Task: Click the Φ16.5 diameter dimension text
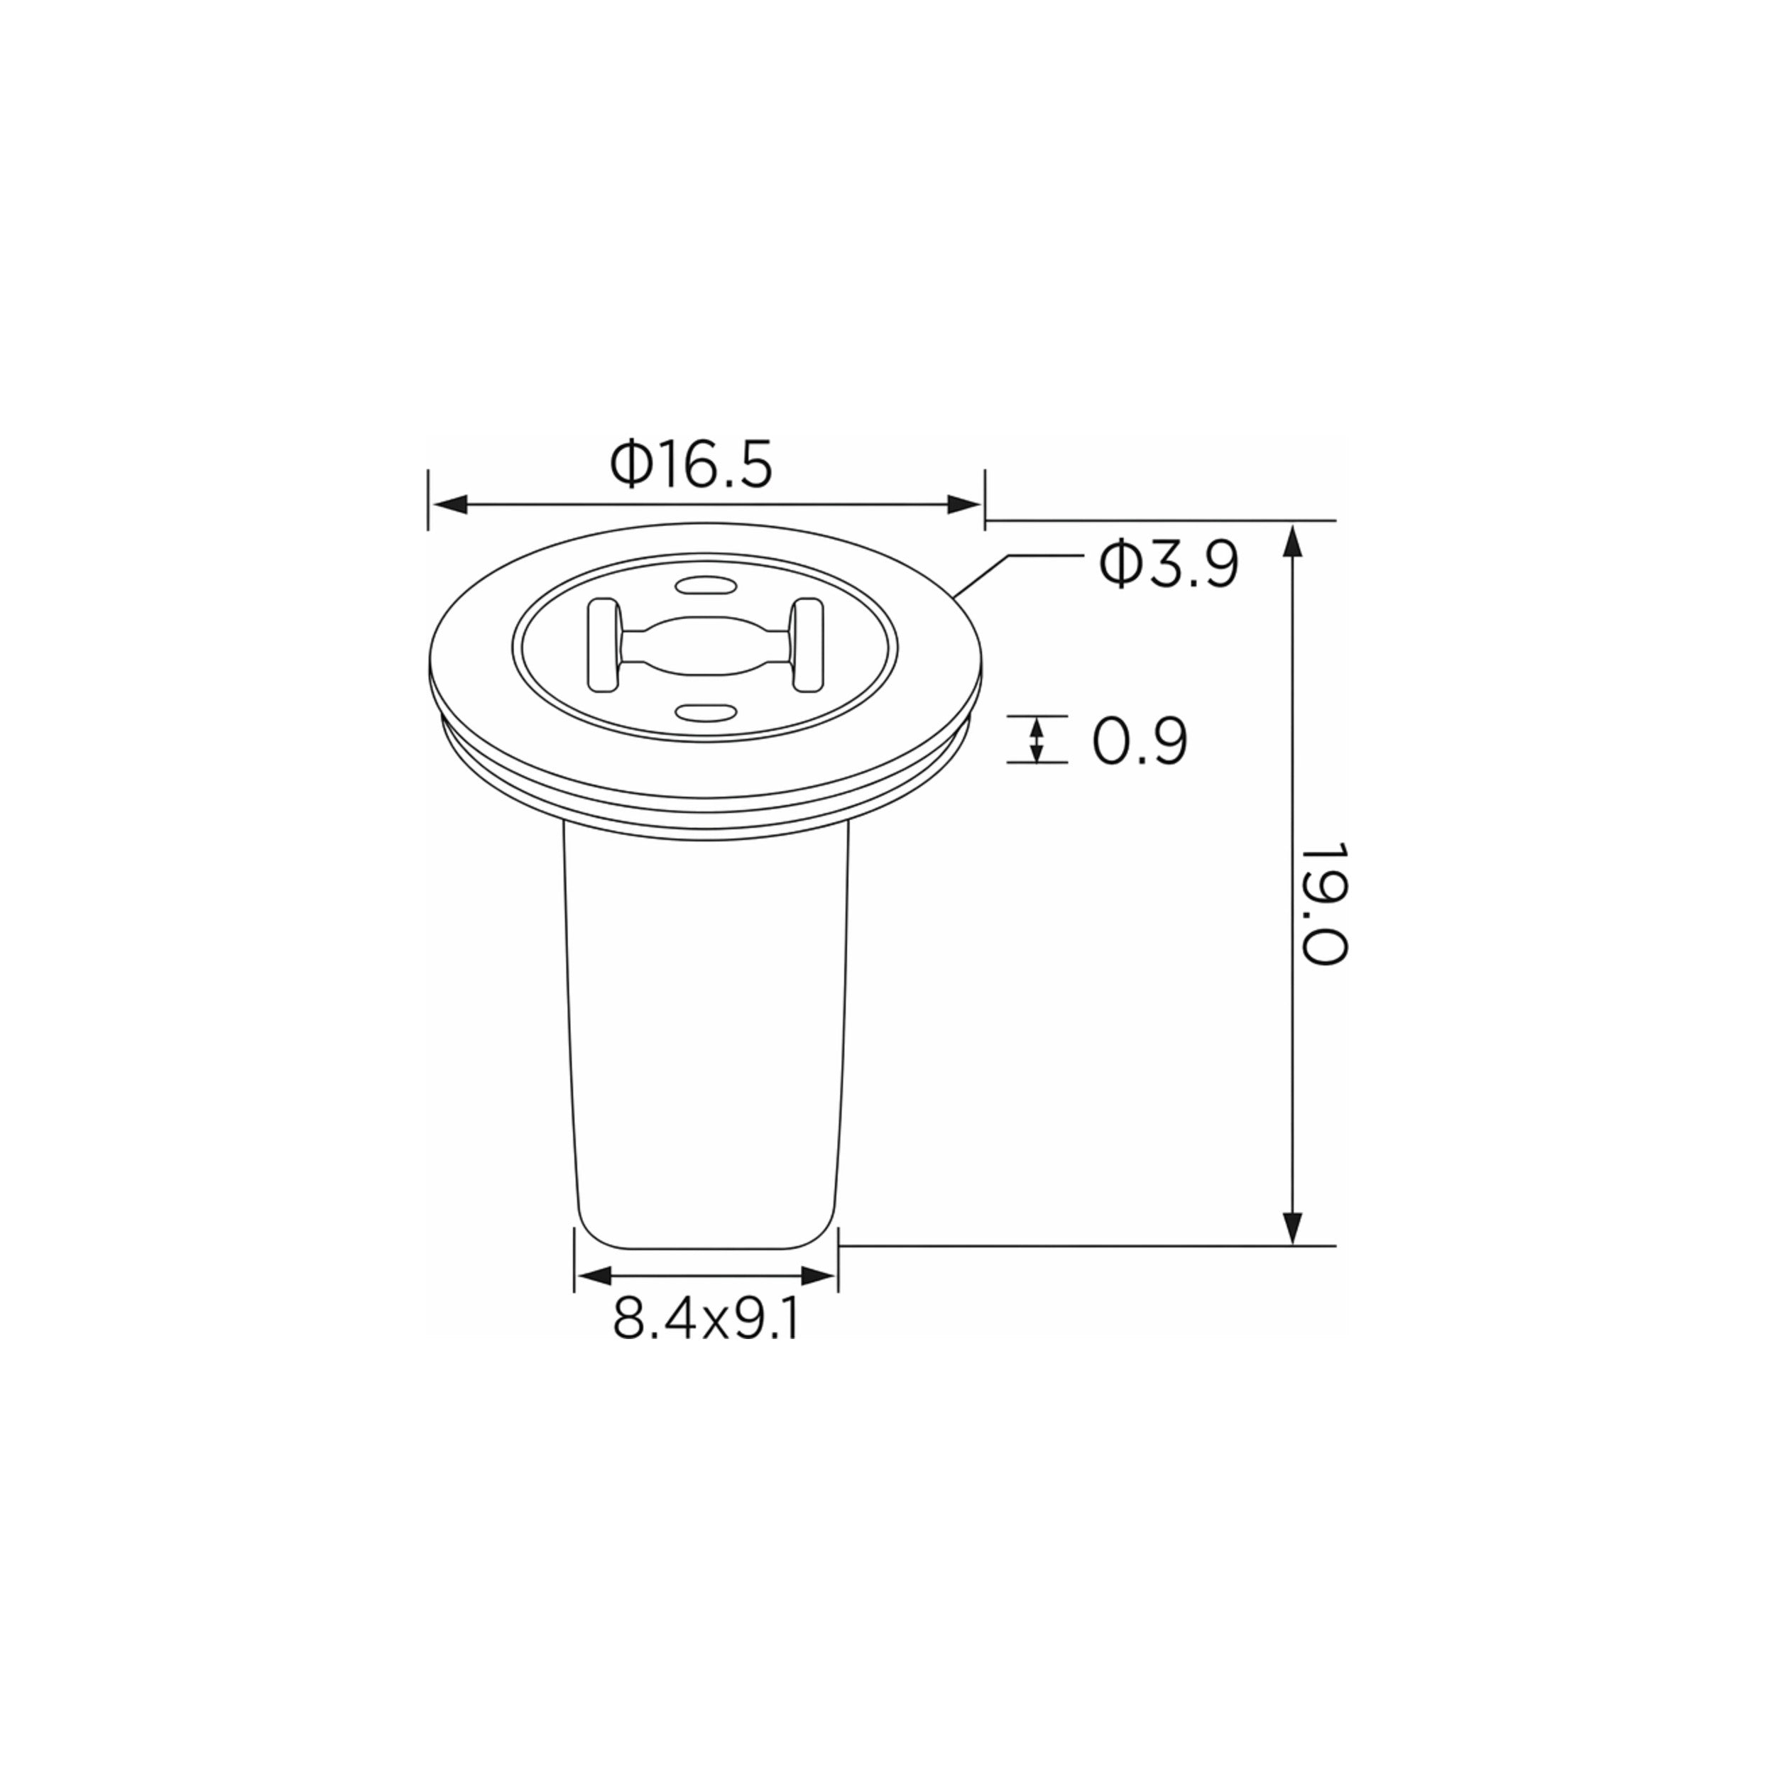691,465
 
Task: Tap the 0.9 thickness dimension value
1140,741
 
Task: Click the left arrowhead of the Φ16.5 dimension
450,504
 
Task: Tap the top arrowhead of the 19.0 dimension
1293,541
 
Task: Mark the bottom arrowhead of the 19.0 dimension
1293,1226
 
